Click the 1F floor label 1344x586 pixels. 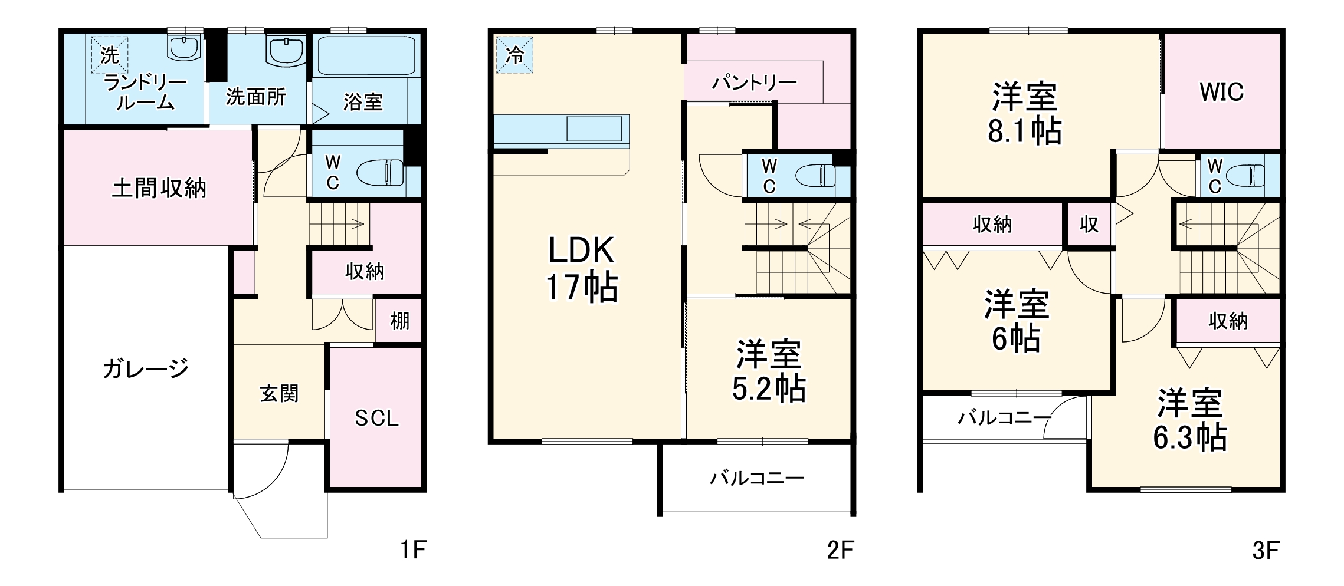(x=412, y=550)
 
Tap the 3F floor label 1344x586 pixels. (x=1266, y=551)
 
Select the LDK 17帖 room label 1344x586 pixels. (x=582, y=269)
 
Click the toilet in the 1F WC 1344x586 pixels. (x=381, y=173)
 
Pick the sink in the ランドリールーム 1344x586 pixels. (x=185, y=46)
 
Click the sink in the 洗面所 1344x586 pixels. (x=286, y=50)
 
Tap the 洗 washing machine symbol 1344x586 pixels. (x=109, y=55)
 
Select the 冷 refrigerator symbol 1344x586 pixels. (x=514, y=55)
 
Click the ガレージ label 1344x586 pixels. (x=145, y=369)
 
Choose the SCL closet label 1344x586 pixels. (x=376, y=418)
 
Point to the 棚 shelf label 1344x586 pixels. (x=399, y=321)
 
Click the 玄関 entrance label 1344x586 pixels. (x=279, y=393)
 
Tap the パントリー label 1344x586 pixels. (x=755, y=83)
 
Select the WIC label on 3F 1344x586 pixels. (x=1221, y=91)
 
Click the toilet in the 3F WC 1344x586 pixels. (x=1245, y=175)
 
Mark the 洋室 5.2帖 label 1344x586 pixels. (x=769, y=371)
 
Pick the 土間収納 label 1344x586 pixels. (x=159, y=188)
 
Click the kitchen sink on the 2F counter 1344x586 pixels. (x=594, y=129)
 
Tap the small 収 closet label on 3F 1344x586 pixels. (x=1089, y=224)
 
